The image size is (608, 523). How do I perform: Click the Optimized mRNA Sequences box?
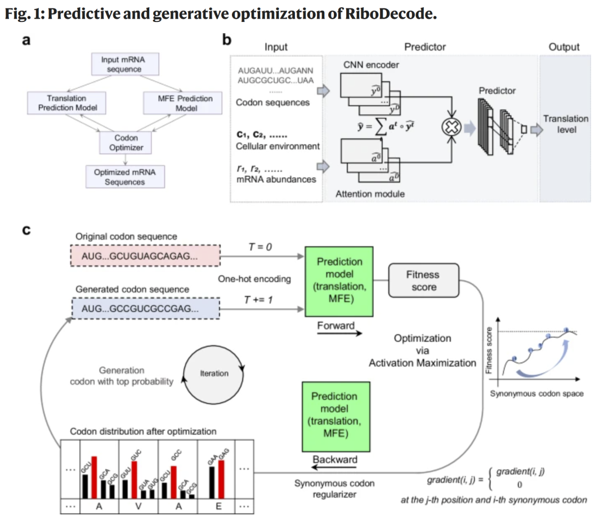[124, 177]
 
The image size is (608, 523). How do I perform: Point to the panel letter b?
[227, 40]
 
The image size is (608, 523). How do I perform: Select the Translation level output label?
[565, 124]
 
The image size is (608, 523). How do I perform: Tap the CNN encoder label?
[371, 65]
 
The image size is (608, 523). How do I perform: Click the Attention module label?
[370, 194]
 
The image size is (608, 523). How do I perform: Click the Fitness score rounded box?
[423, 281]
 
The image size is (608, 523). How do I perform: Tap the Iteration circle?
[214, 373]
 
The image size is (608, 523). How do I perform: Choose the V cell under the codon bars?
[138, 506]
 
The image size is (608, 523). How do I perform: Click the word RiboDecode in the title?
[388, 14]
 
